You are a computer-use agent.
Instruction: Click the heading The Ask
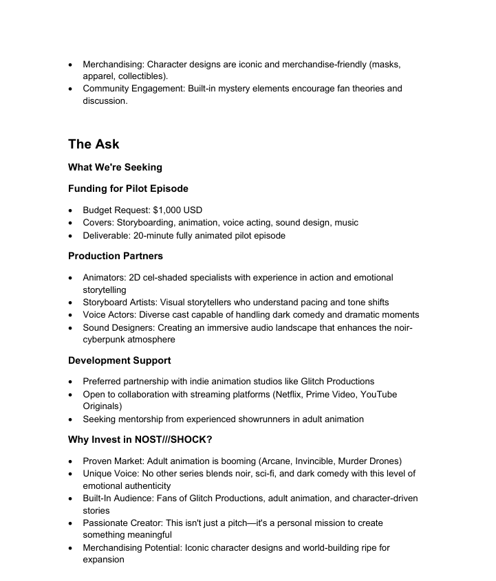click(94, 144)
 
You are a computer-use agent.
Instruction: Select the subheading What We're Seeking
click(115, 167)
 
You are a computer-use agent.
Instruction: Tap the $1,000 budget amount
click(177, 210)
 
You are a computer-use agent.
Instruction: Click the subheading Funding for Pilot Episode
click(128, 188)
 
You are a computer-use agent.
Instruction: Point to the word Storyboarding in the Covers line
click(148, 223)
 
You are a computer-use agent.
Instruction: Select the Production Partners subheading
click(116, 256)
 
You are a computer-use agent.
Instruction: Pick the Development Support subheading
click(120, 360)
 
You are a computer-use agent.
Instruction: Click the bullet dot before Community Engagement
click(72, 89)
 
